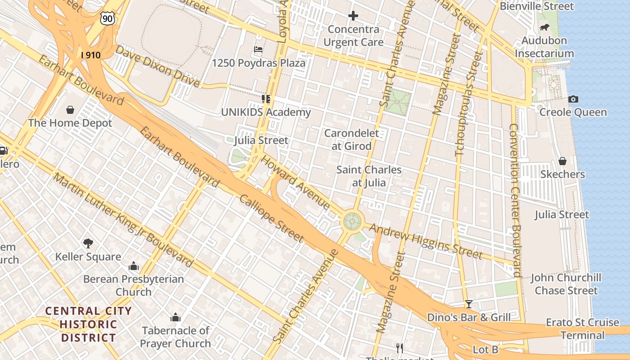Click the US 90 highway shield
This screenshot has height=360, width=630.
click(108, 18)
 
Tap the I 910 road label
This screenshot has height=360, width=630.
click(90, 55)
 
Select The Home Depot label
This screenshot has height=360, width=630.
click(70, 123)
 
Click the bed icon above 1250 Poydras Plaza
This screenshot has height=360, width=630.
click(258, 49)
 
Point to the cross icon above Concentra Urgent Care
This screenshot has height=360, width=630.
click(353, 16)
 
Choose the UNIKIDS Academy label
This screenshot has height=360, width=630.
click(266, 112)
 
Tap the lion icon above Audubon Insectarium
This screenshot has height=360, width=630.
click(544, 27)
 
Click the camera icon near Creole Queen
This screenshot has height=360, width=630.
click(573, 99)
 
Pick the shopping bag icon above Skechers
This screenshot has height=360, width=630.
click(562, 161)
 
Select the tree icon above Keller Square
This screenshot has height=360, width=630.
click(88, 243)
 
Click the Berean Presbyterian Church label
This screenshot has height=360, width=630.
click(134, 285)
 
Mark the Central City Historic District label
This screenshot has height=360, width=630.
click(89, 324)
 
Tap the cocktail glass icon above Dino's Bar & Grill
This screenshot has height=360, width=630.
click(469, 304)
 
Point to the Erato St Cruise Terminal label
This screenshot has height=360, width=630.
click(582, 329)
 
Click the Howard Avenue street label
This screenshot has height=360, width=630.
click(296, 182)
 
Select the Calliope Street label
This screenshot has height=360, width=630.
click(271, 219)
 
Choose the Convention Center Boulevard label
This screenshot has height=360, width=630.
click(515, 200)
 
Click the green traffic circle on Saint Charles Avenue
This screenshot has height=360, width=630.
click(352, 221)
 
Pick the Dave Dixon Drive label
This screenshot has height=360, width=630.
click(157, 66)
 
